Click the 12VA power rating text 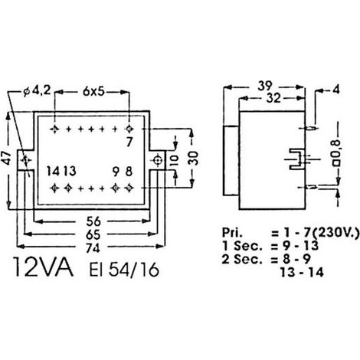coord(44,267)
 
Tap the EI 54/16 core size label coord(124,270)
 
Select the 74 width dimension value coord(93,247)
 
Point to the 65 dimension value coord(93,234)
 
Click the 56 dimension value coord(93,221)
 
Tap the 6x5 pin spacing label coord(93,92)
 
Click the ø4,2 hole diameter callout coord(38,91)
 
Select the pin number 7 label coord(129,142)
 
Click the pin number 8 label coord(129,172)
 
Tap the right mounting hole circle coord(157,160)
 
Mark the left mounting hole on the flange coord(26,160)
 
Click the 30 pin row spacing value coord(193,159)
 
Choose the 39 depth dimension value coord(265,86)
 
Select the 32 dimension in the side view coord(273,98)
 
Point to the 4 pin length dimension coord(336,90)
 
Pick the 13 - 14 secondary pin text coord(302,273)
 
